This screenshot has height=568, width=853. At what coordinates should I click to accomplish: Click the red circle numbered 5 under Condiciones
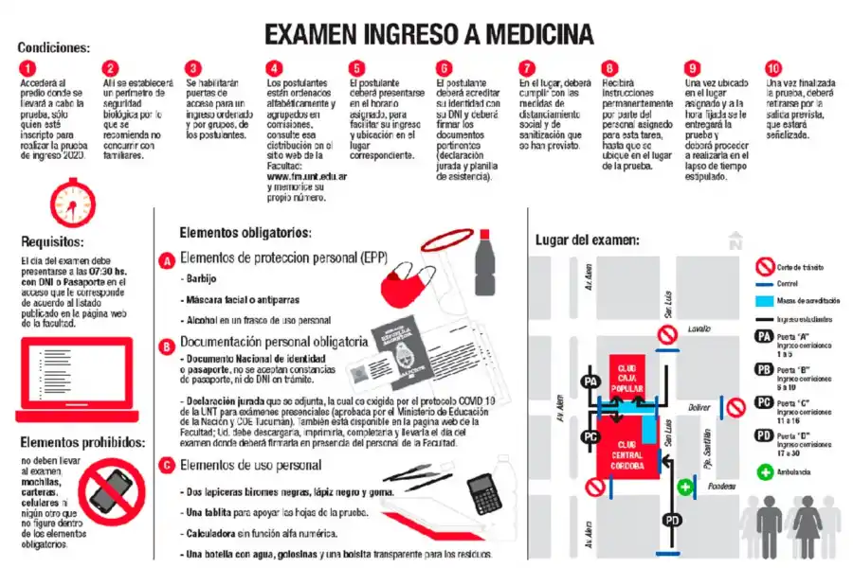pyautogui.click(x=356, y=68)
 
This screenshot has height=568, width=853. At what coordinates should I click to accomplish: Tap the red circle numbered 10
pyautogui.click(x=774, y=68)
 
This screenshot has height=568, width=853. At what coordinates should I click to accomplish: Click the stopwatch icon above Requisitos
pyautogui.click(x=73, y=202)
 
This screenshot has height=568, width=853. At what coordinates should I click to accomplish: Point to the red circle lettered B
pyautogui.click(x=167, y=346)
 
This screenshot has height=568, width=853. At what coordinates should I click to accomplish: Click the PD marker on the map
pyautogui.click(x=671, y=520)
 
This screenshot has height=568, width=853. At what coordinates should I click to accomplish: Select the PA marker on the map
pyautogui.click(x=592, y=381)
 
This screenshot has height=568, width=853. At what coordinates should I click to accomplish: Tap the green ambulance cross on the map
pyautogui.click(x=686, y=488)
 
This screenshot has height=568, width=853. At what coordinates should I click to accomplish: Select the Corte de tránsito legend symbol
pyautogui.click(x=763, y=268)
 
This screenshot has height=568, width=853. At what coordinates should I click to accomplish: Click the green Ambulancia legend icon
pyautogui.click(x=764, y=470)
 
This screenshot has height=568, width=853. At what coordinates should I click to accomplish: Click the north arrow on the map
pyautogui.click(x=735, y=241)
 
